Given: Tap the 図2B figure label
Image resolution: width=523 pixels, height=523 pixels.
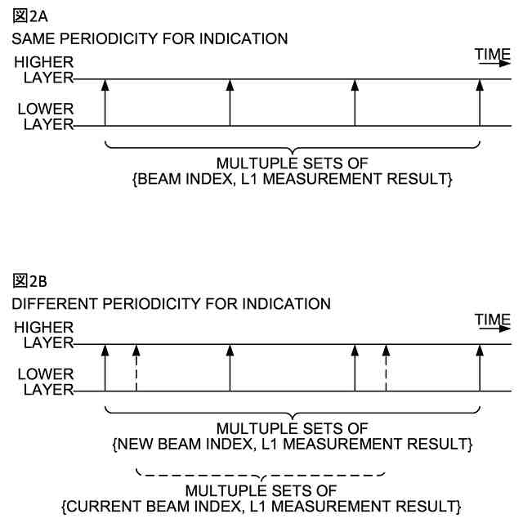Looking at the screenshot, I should point(27,281).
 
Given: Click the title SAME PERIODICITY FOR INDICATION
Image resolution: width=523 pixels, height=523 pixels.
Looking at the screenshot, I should point(150,38).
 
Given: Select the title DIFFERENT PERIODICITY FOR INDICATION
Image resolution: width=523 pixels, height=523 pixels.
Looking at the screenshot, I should point(171,303).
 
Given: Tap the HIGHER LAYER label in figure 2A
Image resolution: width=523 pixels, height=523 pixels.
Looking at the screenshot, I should point(46,70).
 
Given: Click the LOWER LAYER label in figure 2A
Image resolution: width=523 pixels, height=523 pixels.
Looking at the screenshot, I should point(46,117).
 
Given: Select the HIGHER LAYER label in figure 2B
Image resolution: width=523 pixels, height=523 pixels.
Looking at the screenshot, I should point(46,335).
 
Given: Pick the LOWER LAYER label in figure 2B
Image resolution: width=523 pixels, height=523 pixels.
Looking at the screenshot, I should point(46,382).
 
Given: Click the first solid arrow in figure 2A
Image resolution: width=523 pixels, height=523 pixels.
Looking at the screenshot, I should point(105,102).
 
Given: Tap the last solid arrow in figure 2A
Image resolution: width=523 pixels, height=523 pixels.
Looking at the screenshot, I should point(480,102).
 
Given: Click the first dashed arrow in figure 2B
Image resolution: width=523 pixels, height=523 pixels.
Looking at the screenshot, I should point(136,367).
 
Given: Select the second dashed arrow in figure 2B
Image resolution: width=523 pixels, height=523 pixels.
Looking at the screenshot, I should point(386,367).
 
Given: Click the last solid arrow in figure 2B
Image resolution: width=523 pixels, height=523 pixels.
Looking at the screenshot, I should point(480,367).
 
